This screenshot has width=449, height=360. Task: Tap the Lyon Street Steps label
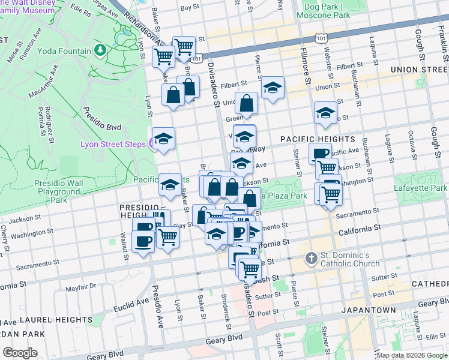[114, 145]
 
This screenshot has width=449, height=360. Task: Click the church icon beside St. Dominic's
[311, 259]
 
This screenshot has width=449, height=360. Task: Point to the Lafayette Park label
[420, 188]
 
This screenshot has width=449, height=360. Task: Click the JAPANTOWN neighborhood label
[368, 310]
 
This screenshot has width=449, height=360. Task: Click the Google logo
[20, 353]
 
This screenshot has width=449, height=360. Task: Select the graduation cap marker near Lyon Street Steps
[163, 139]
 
